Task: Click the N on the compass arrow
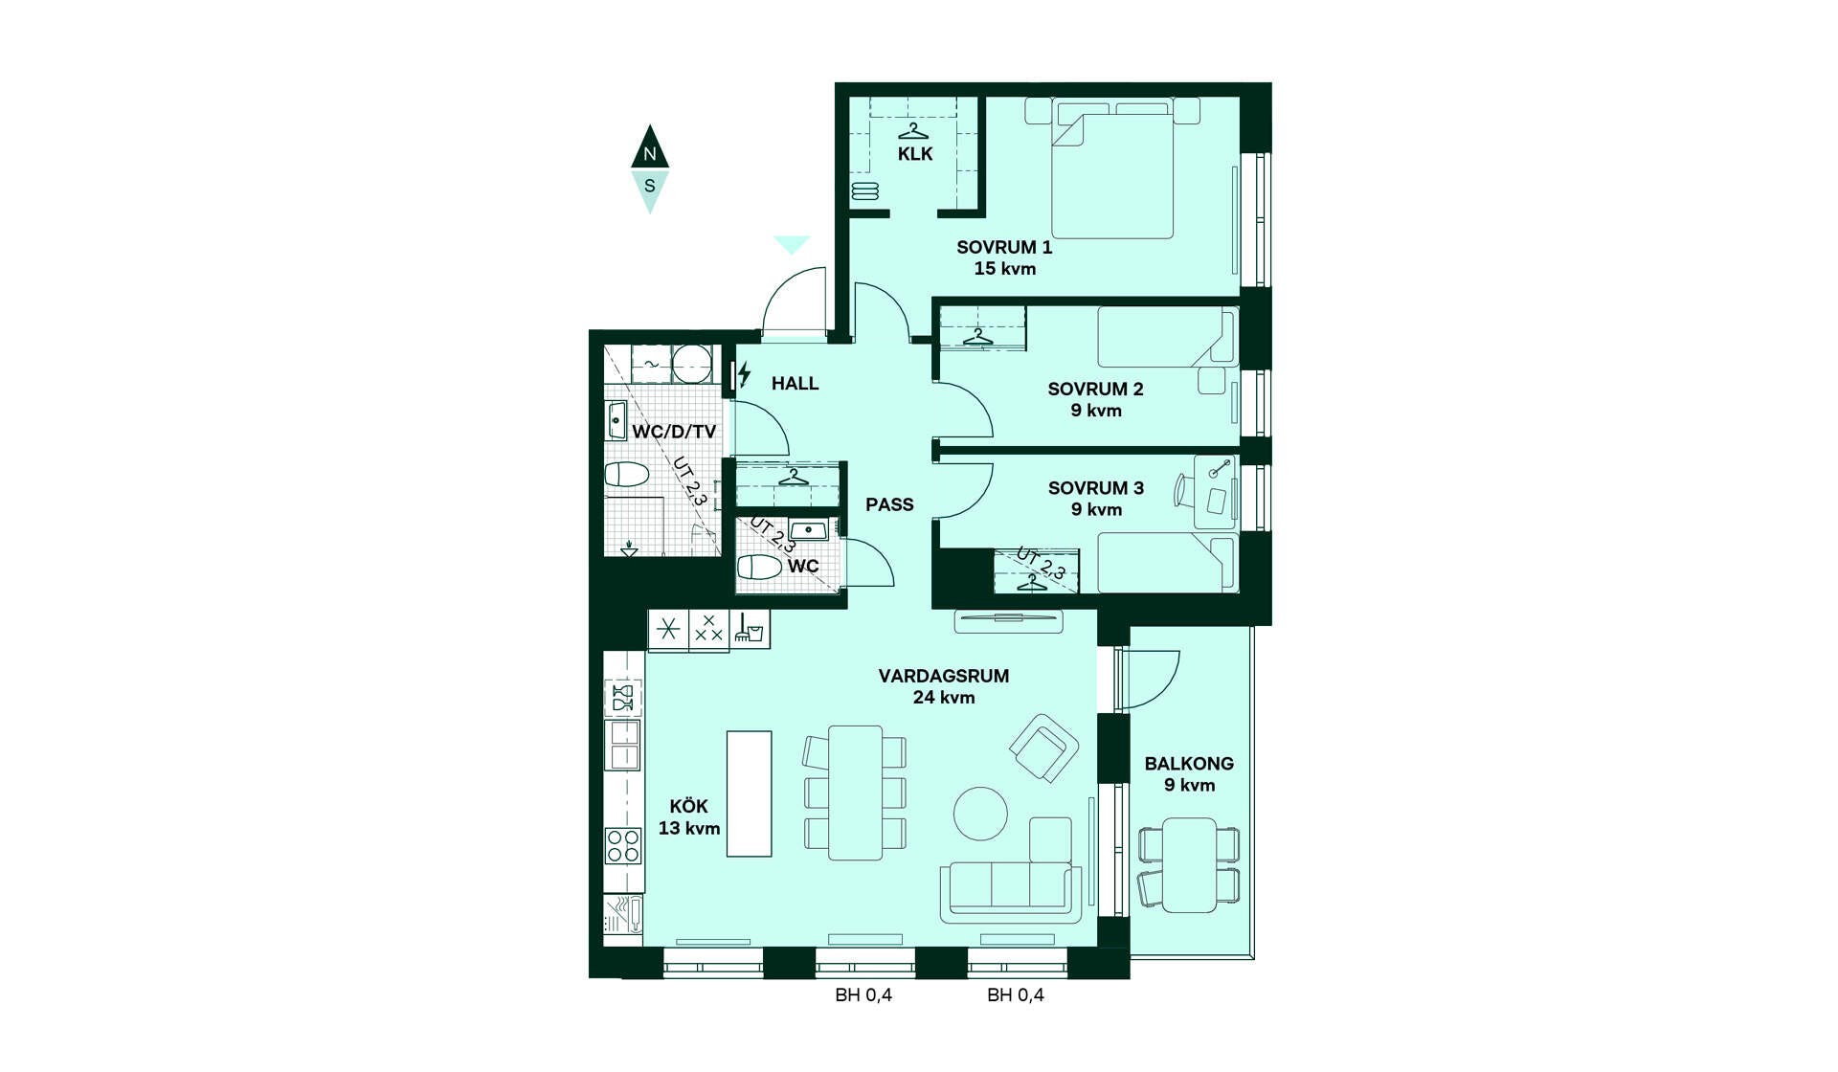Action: (x=650, y=154)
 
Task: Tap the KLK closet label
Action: (x=915, y=154)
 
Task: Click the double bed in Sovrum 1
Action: (x=1112, y=169)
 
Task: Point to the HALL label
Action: (x=795, y=383)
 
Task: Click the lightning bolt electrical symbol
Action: (x=744, y=374)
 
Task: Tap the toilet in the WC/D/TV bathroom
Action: (x=627, y=474)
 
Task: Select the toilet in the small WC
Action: (x=759, y=567)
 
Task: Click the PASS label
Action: (x=889, y=504)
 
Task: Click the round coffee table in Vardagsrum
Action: (x=980, y=814)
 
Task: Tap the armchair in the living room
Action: (x=1044, y=748)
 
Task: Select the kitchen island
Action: (x=749, y=793)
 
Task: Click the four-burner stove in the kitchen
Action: (x=623, y=846)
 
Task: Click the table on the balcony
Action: (x=1189, y=865)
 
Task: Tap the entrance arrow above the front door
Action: (x=792, y=245)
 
